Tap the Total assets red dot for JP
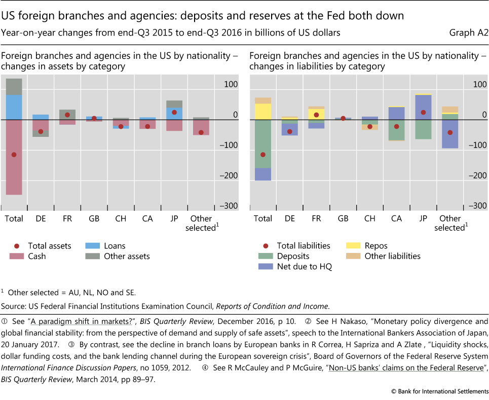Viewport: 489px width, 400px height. click(174, 112)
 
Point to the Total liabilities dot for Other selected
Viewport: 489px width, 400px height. click(449, 132)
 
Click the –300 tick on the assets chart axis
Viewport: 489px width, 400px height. click(228, 206)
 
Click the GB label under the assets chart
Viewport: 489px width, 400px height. click(94, 219)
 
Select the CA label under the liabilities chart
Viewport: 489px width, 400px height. click(396, 219)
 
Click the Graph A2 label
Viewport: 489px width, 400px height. click(468, 33)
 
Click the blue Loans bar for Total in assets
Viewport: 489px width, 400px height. click(14, 107)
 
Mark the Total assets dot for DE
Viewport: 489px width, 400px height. click(41, 131)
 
